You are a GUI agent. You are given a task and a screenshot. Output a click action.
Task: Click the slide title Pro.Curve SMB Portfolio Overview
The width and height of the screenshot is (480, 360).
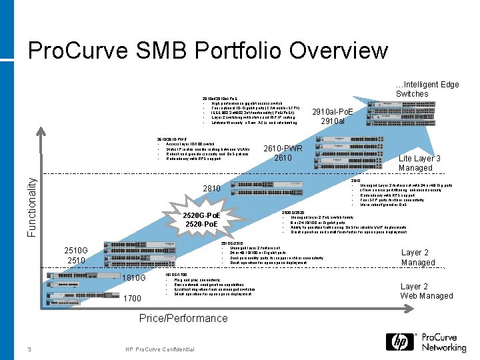[207, 51]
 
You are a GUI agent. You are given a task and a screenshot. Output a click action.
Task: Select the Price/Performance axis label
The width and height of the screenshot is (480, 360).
[183, 318]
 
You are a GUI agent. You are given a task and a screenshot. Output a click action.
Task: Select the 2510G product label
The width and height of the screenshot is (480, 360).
[77, 255]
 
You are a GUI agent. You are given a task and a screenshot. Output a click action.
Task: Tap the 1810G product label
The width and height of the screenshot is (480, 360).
[134, 277]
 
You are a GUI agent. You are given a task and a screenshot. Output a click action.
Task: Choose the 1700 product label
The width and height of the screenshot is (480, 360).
[132, 299]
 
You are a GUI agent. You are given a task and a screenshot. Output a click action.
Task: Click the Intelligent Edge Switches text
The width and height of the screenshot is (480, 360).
[427, 89]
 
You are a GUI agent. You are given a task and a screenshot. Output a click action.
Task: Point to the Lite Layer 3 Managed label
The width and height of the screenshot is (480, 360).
[419, 163]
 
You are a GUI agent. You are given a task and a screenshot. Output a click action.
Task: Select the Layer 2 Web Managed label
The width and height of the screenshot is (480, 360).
[426, 291]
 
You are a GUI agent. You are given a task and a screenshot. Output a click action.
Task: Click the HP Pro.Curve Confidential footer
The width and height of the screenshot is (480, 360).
[160, 350]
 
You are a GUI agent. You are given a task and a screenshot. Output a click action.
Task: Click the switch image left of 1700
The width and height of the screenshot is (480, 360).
[83, 296]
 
